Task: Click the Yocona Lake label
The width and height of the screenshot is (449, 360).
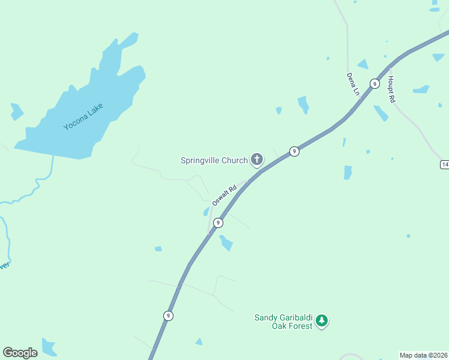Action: [x=84, y=117]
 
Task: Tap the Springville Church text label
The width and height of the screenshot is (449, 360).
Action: [x=214, y=160]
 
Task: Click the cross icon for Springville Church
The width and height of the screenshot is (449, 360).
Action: [x=257, y=160]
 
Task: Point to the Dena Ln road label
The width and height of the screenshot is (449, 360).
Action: [x=352, y=85]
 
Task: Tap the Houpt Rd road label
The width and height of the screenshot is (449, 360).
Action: [x=391, y=89]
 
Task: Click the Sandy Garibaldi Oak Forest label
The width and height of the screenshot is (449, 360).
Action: [x=284, y=322]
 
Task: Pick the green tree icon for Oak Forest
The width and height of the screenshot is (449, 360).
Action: [x=322, y=321]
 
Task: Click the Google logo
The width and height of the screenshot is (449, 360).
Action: [x=20, y=353]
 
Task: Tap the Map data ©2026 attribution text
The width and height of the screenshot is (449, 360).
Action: [x=423, y=355]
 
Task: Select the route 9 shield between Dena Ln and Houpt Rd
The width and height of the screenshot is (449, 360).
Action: [x=374, y=83]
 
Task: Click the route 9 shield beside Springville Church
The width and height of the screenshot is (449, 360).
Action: [x=294, y=151]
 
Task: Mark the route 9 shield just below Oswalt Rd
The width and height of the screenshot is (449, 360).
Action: [x=218, y=223]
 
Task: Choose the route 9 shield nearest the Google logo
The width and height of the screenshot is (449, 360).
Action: [x=169, y=316]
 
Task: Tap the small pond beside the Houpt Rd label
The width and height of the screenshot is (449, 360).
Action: [x=421, y=90]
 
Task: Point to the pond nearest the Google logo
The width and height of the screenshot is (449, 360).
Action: [x=48, y=347]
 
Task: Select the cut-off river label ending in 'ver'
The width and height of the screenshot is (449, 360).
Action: [x=4, y=265]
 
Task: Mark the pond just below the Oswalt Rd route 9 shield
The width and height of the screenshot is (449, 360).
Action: [x=226, y=243]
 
